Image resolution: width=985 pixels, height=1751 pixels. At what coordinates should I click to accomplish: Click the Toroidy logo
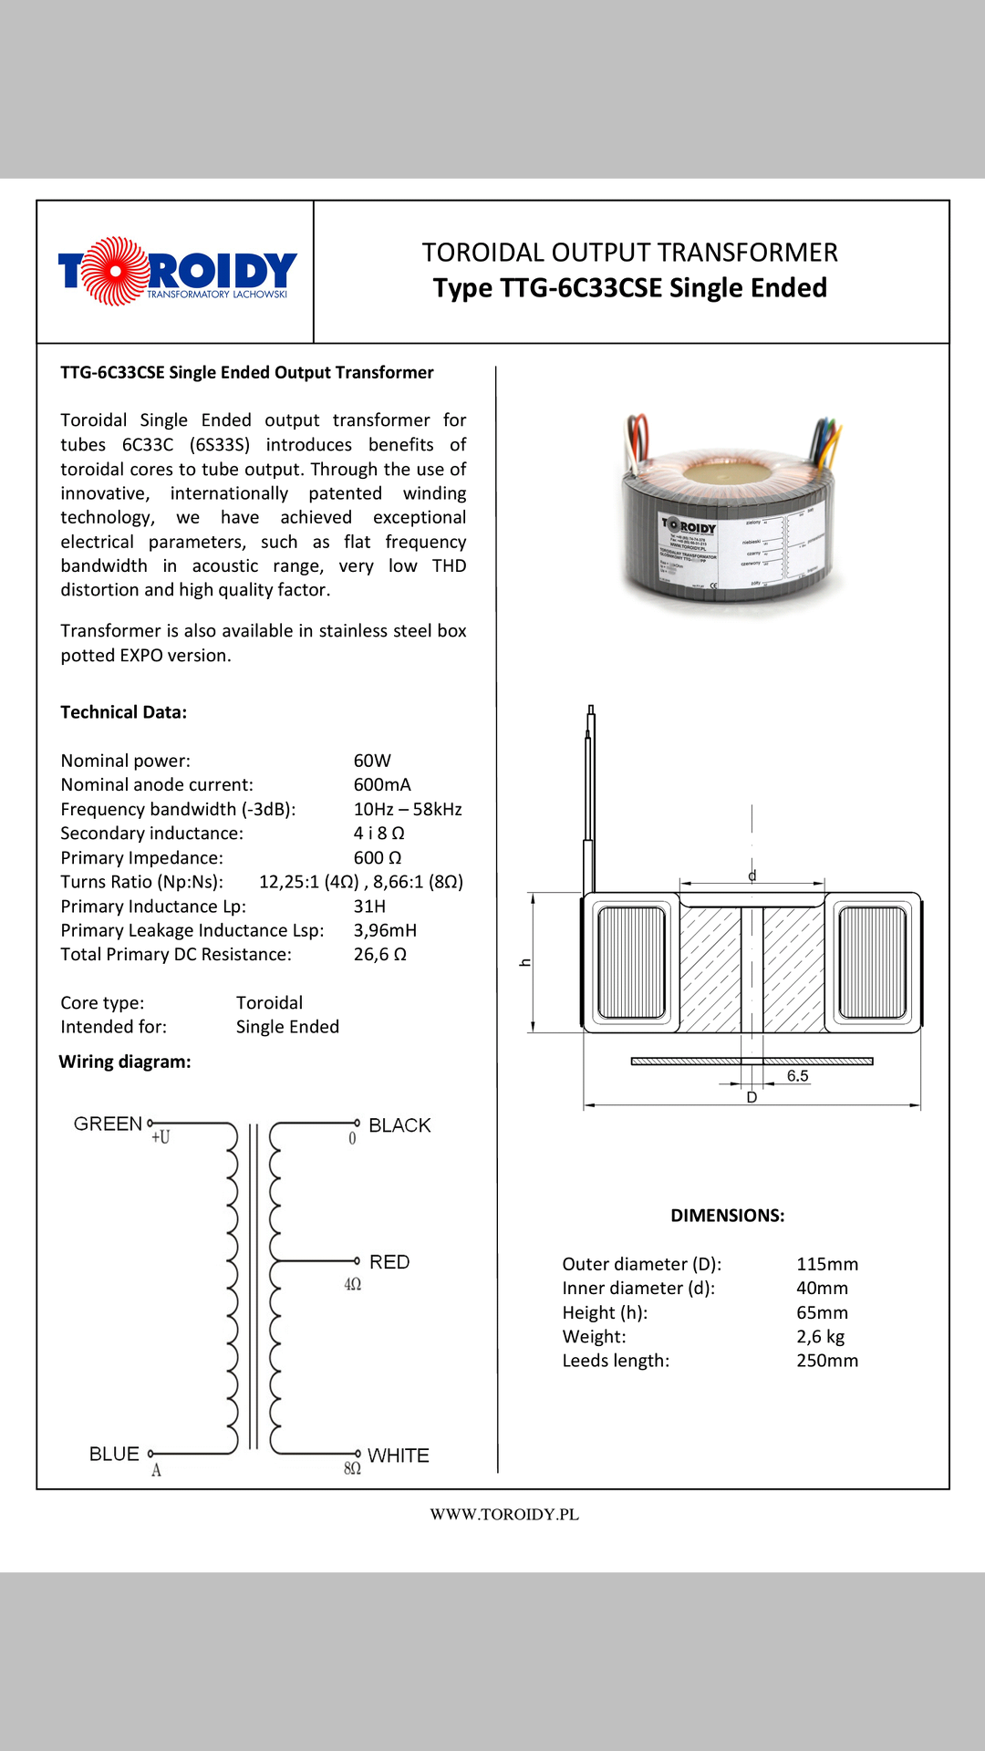177,271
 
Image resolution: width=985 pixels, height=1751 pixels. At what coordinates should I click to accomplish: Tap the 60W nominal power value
372,761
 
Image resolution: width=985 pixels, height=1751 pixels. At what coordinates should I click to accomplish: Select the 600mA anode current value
382,784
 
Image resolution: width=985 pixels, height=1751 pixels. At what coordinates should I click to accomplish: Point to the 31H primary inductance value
369,907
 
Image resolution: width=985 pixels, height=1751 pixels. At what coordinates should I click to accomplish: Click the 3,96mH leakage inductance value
385,930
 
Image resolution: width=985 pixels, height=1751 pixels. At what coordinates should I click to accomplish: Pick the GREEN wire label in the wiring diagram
108,1124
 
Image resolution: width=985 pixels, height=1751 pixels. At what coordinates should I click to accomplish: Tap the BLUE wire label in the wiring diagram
114,1454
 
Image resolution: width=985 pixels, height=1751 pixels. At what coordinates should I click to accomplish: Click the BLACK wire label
399,1125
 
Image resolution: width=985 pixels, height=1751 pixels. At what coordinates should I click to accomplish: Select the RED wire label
389,1262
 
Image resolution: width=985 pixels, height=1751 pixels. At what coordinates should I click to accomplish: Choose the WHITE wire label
398,1456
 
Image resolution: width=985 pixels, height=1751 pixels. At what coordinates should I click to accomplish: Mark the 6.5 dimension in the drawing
798,1076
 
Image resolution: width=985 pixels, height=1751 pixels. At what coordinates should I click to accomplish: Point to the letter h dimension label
525,962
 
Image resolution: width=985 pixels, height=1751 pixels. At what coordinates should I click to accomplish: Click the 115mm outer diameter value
827,1264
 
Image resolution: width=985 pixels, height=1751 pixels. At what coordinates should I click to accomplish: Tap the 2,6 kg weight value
820,1337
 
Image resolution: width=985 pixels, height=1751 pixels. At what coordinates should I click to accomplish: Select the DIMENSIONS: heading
727,1216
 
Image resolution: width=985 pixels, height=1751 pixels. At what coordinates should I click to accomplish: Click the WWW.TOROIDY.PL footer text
504,1515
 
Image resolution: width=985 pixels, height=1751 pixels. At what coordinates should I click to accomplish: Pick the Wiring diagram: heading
125,1062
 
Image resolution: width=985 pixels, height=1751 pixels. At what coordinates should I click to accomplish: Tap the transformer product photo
730,515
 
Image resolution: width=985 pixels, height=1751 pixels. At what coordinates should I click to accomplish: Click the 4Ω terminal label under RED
353,1285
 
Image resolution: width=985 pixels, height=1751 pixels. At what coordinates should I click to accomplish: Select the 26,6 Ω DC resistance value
379,955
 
